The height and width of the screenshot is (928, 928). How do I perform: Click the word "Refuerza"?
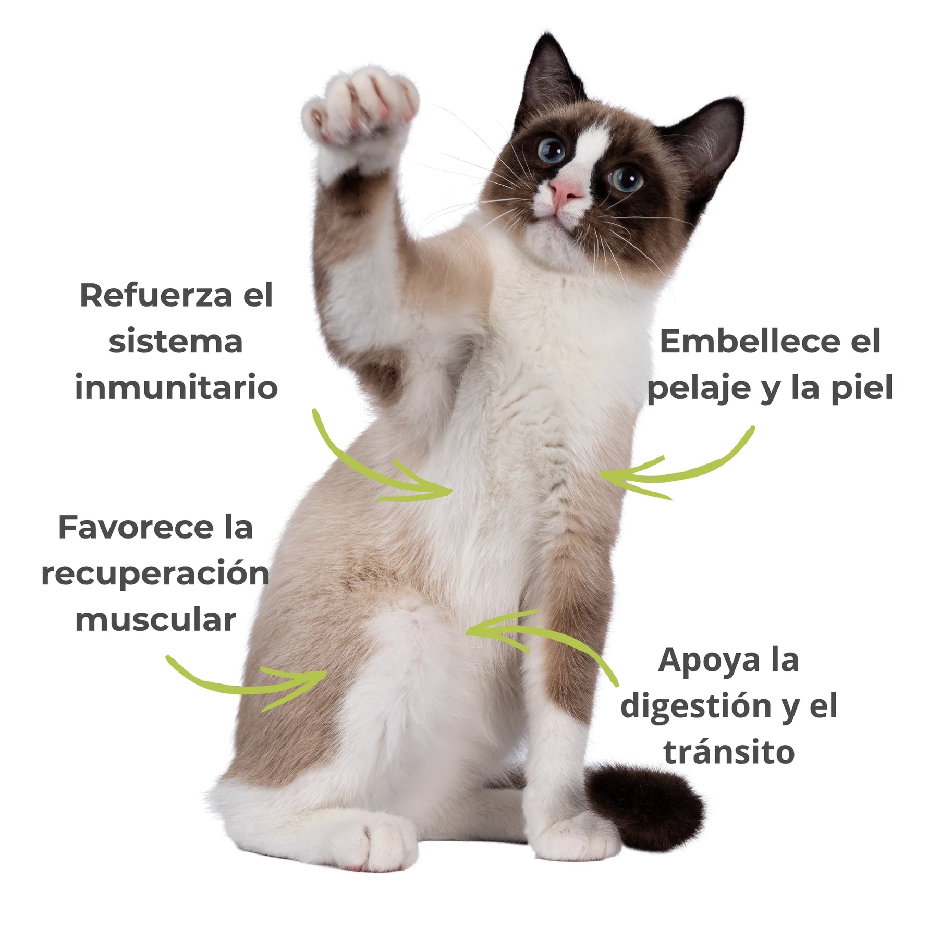click(155, 296)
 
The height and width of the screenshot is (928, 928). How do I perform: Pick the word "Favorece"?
click(136, 527)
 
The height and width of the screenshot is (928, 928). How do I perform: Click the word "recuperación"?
click(155, 573)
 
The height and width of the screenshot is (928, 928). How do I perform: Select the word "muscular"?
click(155, 620)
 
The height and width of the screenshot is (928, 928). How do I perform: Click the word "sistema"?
click(176, 342)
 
